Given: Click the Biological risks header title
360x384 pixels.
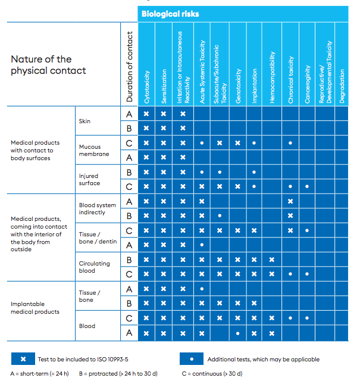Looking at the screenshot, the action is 170,14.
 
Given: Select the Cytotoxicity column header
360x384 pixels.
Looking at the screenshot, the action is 146,87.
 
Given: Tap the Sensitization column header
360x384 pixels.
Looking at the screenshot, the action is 164,86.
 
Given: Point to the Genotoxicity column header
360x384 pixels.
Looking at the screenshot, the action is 238,86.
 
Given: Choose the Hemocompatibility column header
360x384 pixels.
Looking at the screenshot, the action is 272,77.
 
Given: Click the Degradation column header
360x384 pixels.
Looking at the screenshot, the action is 342,86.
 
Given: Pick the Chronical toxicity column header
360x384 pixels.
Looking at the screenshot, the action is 290,80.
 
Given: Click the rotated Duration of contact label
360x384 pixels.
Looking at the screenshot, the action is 129,67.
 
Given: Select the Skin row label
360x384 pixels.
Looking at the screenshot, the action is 84,121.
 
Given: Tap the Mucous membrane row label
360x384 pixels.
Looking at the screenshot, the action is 94,151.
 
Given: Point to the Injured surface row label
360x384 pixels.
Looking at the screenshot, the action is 89,180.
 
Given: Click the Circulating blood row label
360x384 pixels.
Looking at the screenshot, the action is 94,267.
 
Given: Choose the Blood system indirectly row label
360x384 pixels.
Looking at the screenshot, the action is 98,208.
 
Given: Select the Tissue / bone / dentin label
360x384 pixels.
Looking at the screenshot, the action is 98,238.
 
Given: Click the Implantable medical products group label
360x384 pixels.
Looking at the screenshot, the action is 35,308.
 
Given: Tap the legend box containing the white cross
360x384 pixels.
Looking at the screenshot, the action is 23,359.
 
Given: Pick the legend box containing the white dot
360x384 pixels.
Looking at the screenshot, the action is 192,359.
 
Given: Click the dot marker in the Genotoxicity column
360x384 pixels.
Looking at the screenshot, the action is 237,333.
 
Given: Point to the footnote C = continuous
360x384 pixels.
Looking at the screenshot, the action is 212,374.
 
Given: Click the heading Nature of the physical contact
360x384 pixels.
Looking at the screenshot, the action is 48,65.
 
